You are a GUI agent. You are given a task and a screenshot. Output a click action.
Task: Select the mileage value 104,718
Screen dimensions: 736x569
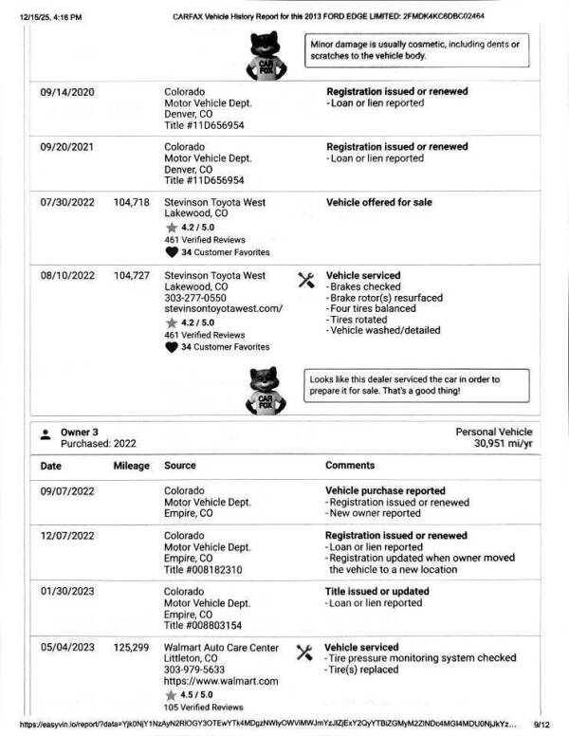click(132, 202)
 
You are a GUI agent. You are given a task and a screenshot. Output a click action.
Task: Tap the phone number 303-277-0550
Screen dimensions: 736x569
click(195, 298)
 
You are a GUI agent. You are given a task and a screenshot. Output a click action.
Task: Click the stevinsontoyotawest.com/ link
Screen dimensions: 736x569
click(224, 309)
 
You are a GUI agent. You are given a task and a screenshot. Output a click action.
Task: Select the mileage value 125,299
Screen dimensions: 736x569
click(132, 648)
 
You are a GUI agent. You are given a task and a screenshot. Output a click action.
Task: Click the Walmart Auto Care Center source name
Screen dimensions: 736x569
click(222, 648)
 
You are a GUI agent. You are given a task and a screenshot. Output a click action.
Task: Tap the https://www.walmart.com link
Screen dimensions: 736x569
click(221, 682)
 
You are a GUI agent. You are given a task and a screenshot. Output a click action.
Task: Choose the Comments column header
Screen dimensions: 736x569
click(350, 466)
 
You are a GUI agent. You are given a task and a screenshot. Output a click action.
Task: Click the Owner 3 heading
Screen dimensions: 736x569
click(81, 432)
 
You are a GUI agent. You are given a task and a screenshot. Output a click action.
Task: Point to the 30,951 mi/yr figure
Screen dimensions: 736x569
click(503, 443)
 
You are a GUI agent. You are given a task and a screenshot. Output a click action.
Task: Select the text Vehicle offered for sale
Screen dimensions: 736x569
click(379, 202)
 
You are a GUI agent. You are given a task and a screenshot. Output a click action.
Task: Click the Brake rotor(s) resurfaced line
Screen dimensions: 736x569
click(384, 298)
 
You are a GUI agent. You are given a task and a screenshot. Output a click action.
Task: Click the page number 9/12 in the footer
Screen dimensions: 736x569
click(541, 724)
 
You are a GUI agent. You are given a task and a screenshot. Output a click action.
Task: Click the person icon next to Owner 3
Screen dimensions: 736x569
click(46, 434)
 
